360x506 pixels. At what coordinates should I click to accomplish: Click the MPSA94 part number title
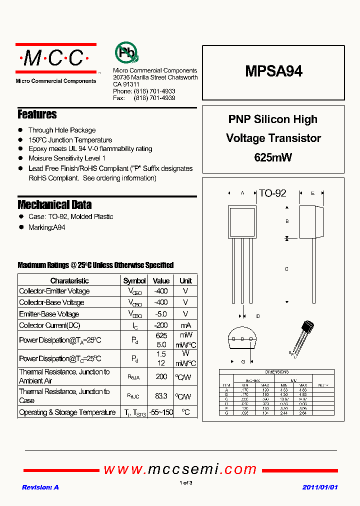pos(273,71)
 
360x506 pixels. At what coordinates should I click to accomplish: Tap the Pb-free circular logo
pos(126,52)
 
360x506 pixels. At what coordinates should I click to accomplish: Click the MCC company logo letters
pos(55,58)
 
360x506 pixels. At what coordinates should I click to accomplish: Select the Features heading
pos(37,114)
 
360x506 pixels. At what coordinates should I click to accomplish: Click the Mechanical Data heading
pos(54,204)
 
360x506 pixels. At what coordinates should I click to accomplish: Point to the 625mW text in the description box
pos(273,157)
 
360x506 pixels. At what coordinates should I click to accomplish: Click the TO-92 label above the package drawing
pos(272,193)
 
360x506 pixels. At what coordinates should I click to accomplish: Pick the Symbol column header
pos(134,280)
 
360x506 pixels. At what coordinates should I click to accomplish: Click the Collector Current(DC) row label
pos(49,325)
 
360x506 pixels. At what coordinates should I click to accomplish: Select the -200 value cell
pos(161,325)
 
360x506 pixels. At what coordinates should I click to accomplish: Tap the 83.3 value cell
pos(161,396)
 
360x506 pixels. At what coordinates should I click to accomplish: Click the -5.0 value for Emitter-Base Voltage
pos(161,314)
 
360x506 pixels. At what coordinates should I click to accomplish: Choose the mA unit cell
pos(185,325)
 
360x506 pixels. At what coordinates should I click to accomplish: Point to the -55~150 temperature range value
pos(161,412)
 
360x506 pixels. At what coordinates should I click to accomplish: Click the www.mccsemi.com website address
pos(180,469)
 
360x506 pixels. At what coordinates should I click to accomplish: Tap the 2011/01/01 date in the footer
pos(320,487)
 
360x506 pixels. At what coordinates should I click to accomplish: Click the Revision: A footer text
pos(40,487)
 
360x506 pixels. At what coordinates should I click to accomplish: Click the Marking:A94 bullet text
pos(46,227)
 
